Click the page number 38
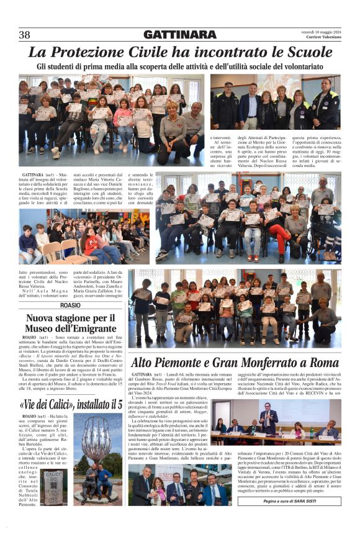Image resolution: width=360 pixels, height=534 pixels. (x=25, y=35)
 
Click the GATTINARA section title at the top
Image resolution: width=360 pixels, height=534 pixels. (x=179, y=35)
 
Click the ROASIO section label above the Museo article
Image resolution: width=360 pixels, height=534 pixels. (x=70, y=306)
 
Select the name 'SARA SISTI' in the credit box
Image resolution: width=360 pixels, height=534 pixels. (x=308, y=500)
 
